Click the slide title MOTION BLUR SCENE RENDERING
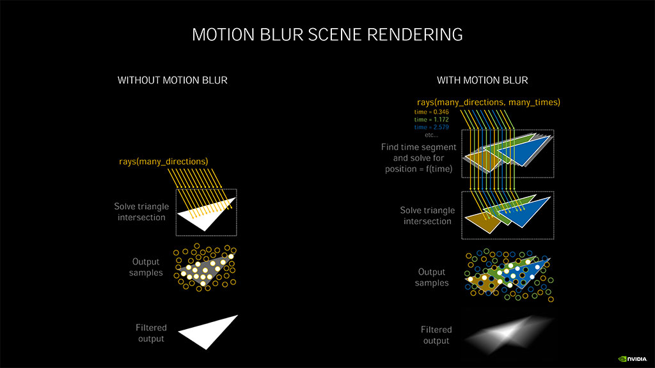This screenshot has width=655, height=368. click(x=327, y=34)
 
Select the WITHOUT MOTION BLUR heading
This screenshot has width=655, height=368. click(x=172, y=80)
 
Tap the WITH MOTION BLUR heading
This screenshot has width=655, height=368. click(x=482, y=80)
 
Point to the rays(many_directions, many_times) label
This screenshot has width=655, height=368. click(x=489, y=102)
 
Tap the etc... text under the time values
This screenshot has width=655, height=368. click(x=432, y=135)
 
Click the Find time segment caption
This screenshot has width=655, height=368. click(x=417, y=158)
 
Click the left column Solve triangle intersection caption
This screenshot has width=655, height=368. click(x=140, y=212)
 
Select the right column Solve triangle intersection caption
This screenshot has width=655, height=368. click(x=427, y=216)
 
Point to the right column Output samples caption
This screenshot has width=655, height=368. click(x=432, y=277)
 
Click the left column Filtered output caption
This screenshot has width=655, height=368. click(x=151, y=333)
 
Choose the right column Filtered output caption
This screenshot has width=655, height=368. click(x=436, y=335)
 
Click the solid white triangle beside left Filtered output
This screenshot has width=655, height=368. click(x=208, y=332)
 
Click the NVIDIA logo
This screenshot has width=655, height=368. click(x=633, y=358)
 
